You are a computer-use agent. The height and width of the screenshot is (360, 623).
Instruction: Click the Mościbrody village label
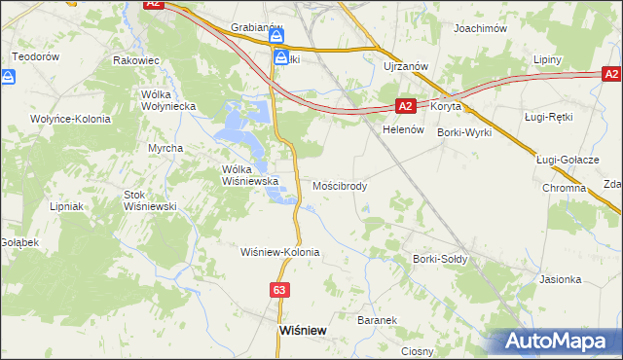[340, 185]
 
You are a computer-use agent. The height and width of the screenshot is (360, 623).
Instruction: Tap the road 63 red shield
[280, 290]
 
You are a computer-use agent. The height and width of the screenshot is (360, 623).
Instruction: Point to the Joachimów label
[482, 29]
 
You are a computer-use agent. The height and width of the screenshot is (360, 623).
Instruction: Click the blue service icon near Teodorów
[12, 76]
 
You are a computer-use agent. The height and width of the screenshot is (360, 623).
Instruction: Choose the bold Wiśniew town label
[302, 330]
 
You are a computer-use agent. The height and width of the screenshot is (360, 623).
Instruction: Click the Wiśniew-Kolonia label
[280, 252]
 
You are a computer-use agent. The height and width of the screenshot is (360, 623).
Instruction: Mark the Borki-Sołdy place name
[441, 260]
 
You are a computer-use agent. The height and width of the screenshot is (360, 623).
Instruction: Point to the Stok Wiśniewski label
[149, 200]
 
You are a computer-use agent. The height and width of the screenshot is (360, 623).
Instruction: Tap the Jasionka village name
[560, 279]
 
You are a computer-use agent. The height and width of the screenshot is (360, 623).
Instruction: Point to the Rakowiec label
[136, 60]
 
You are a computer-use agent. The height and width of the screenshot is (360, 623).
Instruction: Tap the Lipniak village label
[69, 206]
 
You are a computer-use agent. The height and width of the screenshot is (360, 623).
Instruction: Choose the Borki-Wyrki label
[464, 131]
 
